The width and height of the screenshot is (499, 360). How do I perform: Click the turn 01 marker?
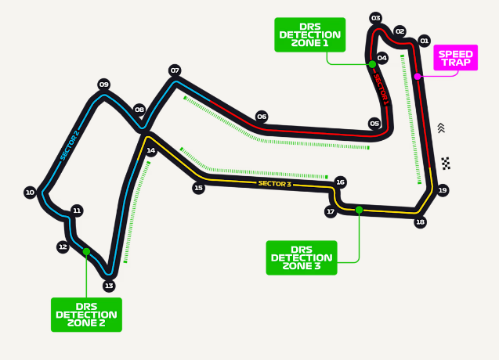point(425,41)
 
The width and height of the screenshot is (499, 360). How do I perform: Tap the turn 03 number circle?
point(376,18)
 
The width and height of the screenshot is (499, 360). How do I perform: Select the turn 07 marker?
point(175,70)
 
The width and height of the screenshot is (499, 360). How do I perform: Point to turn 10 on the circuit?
point(30,192)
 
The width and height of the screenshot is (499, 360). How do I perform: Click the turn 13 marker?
point(109,286)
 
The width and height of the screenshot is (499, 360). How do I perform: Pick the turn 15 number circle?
point(198,188)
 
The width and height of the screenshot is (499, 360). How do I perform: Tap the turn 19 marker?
point(443,190)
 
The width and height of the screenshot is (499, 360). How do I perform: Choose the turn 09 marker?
point(103,85)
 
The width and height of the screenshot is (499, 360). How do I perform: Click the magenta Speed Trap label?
point(455,58)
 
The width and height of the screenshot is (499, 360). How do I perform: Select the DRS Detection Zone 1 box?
point(309,34)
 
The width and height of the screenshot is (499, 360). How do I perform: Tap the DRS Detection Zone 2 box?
point(86,315)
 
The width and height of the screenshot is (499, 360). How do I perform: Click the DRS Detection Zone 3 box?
point(302,257)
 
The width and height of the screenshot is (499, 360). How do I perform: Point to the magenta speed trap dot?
point(418,76)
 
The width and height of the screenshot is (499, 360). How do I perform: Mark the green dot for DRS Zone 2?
point(86,251)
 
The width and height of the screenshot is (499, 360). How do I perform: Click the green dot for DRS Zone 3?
point(359,210)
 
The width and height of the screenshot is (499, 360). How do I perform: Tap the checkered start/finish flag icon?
point(445,163)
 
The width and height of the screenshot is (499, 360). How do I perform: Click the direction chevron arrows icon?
point(441,128)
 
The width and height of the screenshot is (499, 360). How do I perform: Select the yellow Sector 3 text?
point(274,183)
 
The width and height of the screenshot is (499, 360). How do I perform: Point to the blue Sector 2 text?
point(70,146)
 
